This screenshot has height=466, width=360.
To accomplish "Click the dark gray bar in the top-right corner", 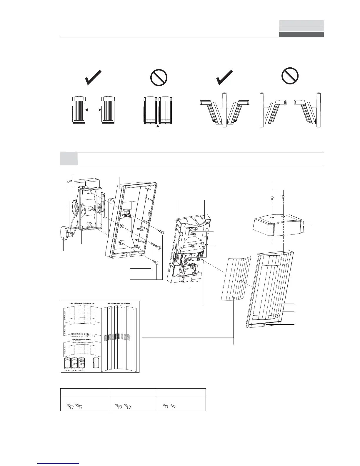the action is (x=301, y=34).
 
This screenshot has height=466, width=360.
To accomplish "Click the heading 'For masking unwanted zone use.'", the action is (x=118, y=302).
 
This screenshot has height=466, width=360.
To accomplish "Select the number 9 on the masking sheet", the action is (x=133, y=309).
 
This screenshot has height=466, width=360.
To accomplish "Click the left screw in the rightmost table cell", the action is (x=166, y=406).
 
